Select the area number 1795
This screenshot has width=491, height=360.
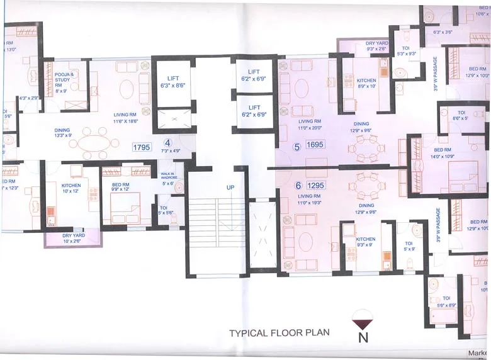141,147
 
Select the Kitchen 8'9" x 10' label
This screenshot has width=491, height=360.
366,84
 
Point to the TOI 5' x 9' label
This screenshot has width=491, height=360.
408,245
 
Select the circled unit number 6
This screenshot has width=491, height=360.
298,185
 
